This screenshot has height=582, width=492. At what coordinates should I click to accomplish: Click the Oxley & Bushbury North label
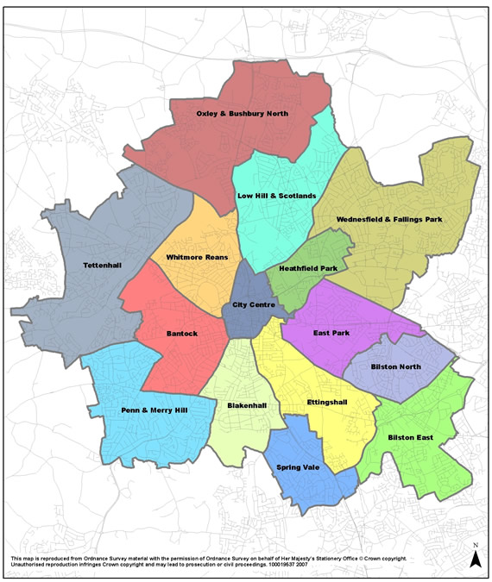[x=242, y=113]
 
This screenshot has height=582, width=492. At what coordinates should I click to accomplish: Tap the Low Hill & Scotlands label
[x=270, y=196]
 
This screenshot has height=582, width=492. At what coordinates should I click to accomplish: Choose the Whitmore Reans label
[x=196, y=258]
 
